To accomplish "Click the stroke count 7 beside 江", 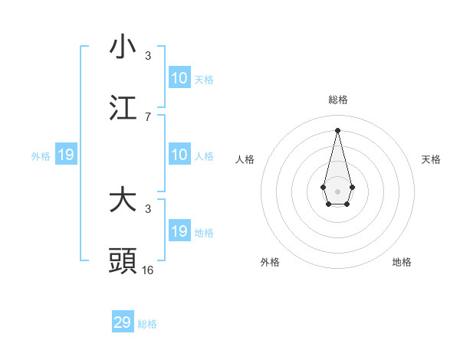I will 148,116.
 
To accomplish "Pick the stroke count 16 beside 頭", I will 148,270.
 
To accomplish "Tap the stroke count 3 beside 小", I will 148,56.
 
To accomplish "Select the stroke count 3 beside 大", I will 148,208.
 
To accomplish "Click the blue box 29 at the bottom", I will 123,322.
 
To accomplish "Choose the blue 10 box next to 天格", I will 179,78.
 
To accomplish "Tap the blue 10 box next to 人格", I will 179,155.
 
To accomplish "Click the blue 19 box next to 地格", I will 179,231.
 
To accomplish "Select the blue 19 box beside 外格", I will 66,155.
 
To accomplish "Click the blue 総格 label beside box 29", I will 147,324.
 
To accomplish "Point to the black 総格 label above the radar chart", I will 338,100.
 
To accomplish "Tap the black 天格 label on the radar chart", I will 432,159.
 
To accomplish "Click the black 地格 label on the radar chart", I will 402,262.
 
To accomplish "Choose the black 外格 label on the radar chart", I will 270,262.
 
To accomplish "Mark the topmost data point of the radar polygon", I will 337,129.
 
